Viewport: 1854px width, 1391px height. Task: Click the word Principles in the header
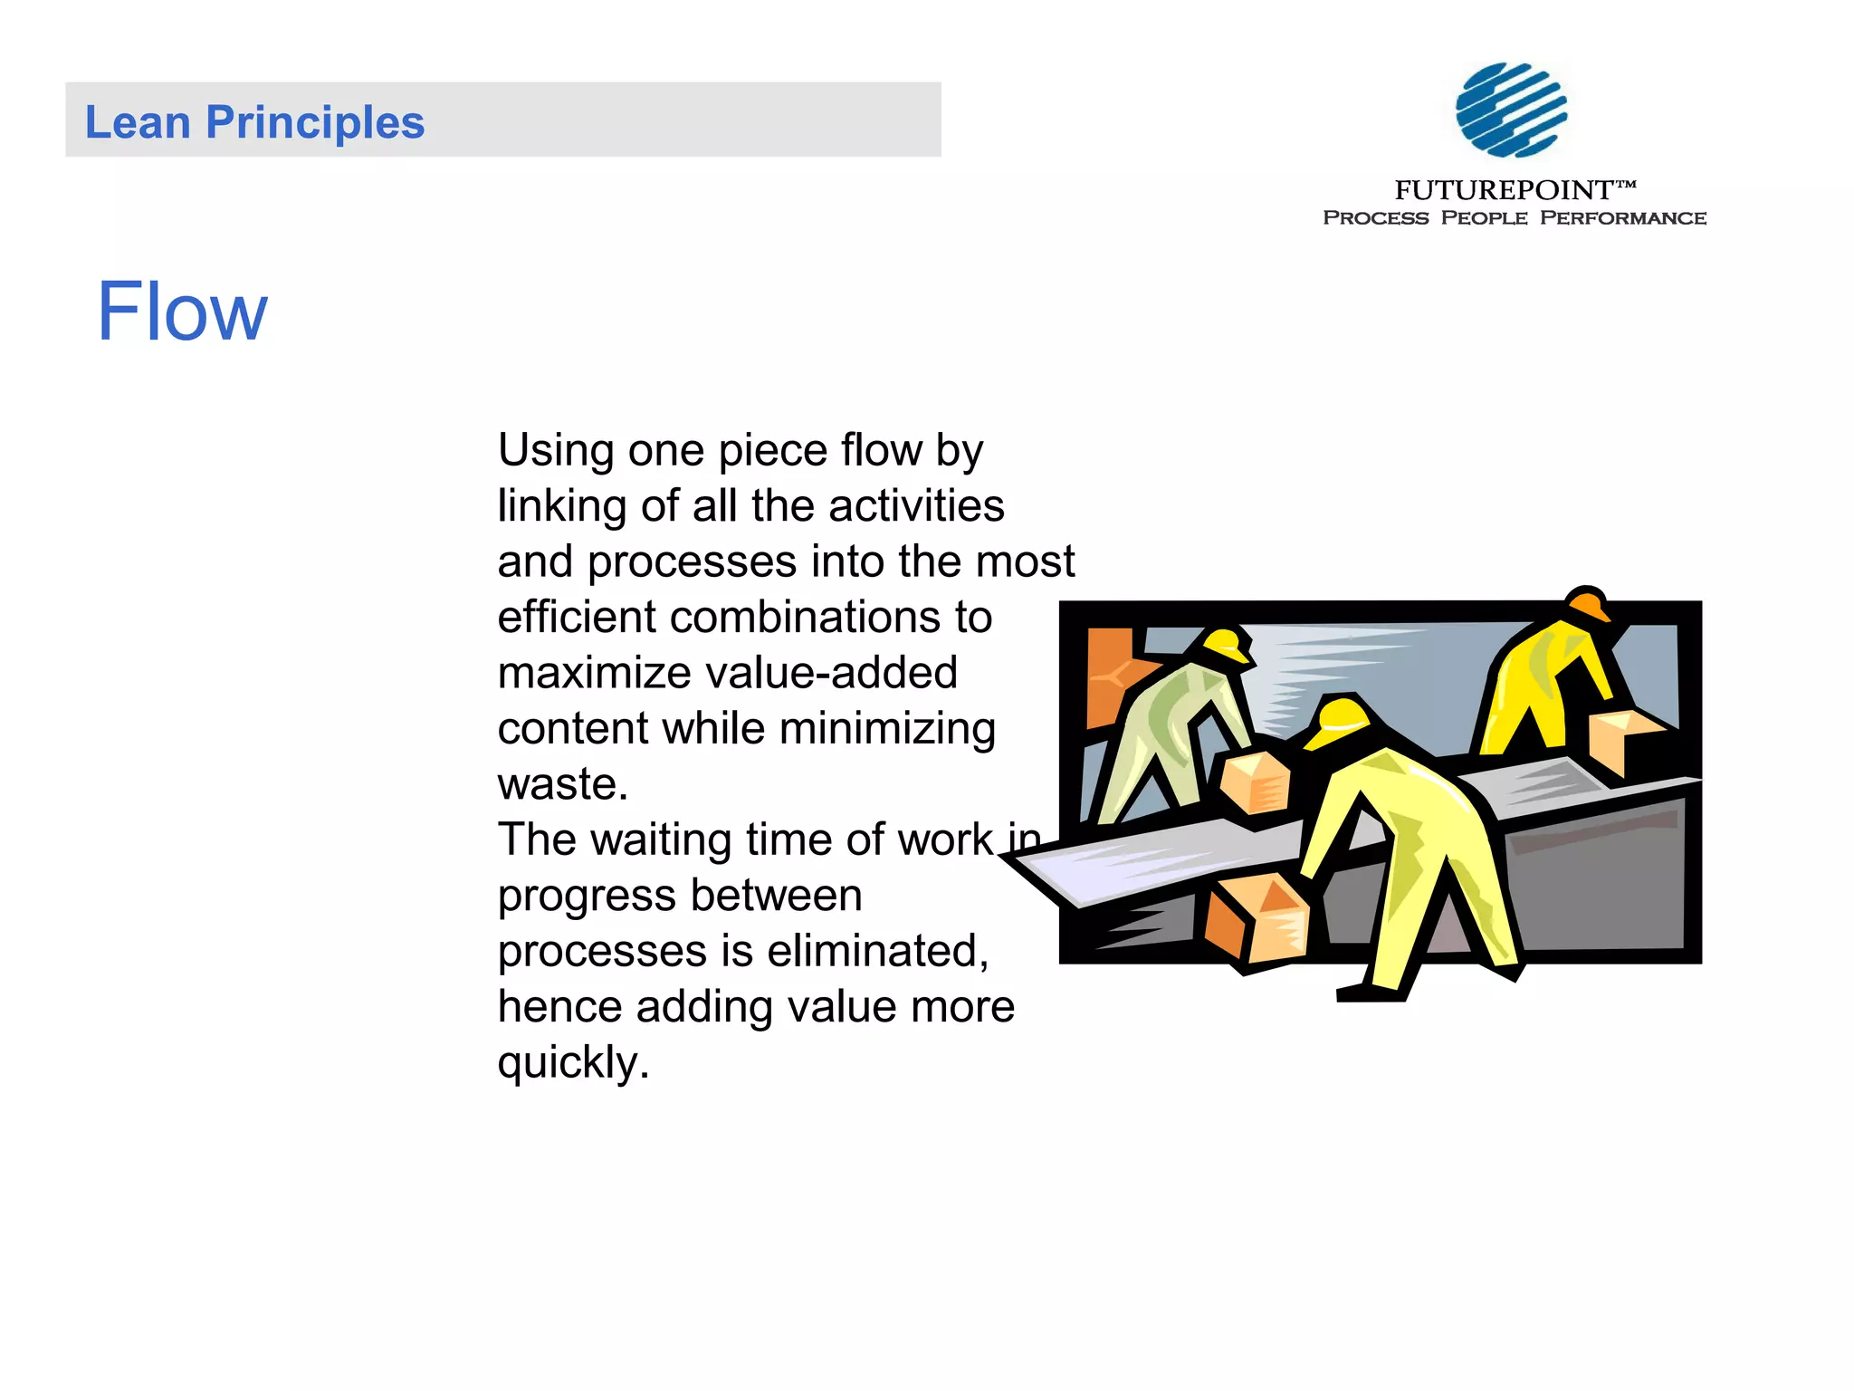click(315, 123)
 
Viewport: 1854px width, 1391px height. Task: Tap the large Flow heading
click(182, 312)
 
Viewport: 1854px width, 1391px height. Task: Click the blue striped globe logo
click(1511, 110)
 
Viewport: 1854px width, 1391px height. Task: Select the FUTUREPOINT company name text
click(1504, 190)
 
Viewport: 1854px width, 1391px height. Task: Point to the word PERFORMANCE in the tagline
click(1623, 218)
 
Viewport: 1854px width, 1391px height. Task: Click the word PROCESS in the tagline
click(1375, 218)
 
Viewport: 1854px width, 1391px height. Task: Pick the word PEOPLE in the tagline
click(1484, 218)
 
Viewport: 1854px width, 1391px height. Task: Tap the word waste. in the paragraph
click(562, 784)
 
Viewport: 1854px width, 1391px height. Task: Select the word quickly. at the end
click(573, 1062)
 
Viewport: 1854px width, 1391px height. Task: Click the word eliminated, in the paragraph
click(877, 951)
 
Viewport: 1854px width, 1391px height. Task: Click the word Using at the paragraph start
click(556, 451)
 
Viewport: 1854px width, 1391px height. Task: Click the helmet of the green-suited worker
click(1228, 644)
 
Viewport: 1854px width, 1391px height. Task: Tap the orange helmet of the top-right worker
click(1589, 604)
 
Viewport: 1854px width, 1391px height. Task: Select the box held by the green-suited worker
click(1255, 781)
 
